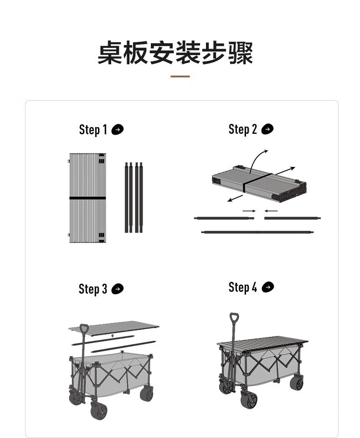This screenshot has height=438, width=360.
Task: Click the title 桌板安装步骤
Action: [x=175, y=54]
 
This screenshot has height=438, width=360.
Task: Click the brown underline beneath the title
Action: [x=180, y=76]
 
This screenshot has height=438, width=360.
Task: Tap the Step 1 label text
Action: [x=93, y=130]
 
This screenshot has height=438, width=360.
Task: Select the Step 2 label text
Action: [x=242, y=129]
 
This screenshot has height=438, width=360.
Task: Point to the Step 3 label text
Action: [x=93, y=289]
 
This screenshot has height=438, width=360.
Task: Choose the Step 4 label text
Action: [x=242, y=287]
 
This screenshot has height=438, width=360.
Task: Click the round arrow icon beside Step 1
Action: [x=118, y=130]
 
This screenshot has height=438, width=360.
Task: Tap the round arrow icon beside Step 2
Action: [x=267, y=129]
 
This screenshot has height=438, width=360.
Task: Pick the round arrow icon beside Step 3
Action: [x=118, y=289]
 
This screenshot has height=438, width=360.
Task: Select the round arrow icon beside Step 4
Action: [x=268, y=287]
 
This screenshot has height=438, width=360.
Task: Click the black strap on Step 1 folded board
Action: [x=87, y=198]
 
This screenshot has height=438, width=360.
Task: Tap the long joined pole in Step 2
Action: [x=257, y=232]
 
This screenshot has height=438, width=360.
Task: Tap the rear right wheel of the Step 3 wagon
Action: [x=146, y=394]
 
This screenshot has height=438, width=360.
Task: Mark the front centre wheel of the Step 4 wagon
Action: [x=249, y=400]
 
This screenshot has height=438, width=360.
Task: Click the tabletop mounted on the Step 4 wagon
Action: [x=262, y=342]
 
